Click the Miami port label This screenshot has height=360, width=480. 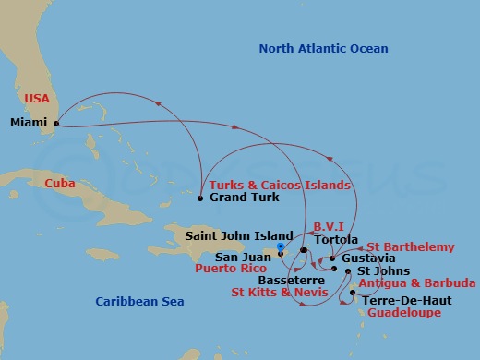click(x=28, y=122)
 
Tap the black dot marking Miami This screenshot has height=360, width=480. click(x=56, y=122)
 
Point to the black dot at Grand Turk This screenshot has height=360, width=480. click(x=201, y=197)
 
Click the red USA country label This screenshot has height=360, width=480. click(x=37, y=98)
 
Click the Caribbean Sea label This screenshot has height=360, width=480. click(x=140, y=301)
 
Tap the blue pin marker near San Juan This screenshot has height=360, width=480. click(x=280, y=246)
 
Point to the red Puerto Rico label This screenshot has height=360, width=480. click(x=231, y=270)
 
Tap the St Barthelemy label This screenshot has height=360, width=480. click(x=410, y=246)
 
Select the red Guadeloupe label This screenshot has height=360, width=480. click(x=403, y=313)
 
